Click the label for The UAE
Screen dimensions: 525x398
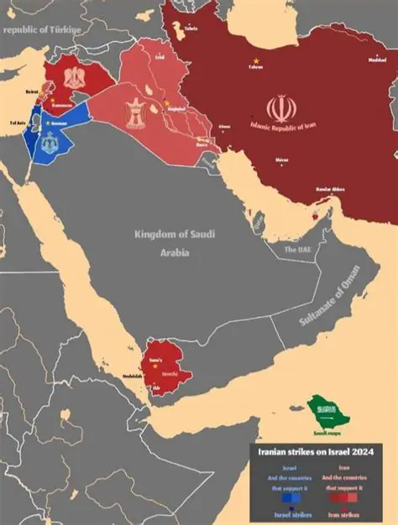coord(297,250)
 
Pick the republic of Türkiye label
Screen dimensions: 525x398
coord(42,29)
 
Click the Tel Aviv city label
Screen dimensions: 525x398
coord(18,122)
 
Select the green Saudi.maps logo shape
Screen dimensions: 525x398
coord(325,410)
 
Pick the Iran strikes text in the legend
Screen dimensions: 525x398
coord(344,514)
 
